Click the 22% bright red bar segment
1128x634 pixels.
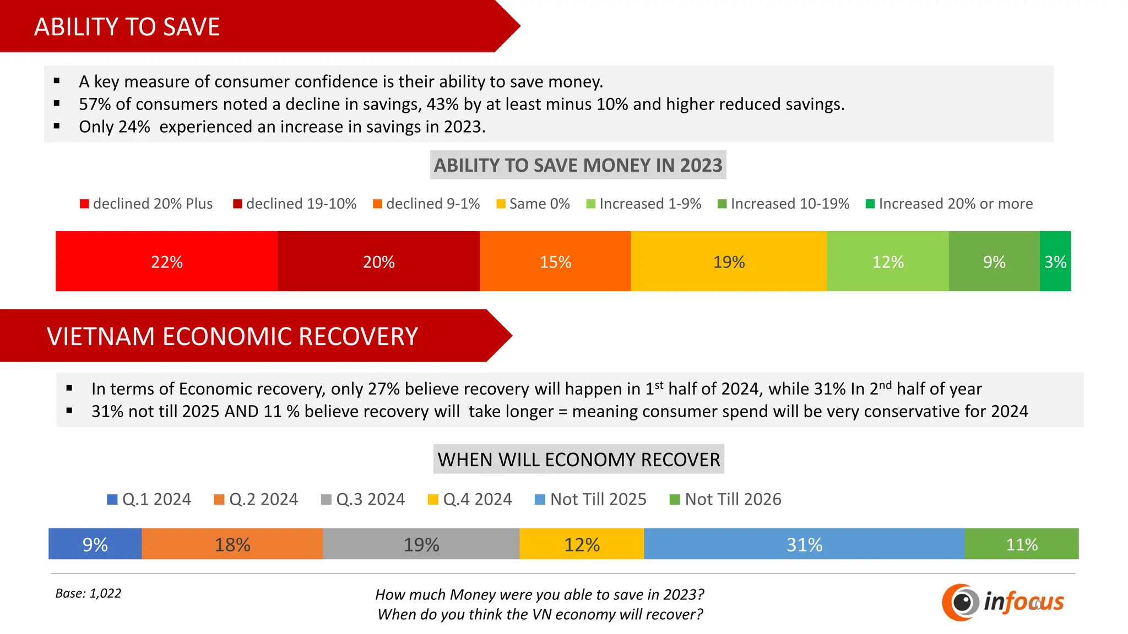click(166, 261)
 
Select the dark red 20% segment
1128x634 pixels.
click(378, 261)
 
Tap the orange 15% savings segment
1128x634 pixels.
click(555, 261)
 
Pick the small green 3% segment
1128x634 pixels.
click(1055, 261)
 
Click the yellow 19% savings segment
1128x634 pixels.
click(729, 261)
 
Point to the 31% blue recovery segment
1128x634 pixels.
click(804, 544)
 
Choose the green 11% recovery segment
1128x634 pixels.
click(1022, 544)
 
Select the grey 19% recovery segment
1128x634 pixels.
click(421, 544)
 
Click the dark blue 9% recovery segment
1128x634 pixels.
click(95, 544)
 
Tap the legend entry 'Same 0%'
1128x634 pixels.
click(533, 204)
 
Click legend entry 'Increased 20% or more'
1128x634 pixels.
click(950, 204)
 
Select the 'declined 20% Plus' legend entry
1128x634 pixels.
click(147, 204)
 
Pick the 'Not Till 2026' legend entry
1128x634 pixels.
click(725, 499)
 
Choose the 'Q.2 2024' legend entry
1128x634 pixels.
click(256, 499)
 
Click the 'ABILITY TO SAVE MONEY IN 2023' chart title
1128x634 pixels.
click(578, 165)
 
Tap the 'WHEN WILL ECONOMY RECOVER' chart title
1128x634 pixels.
click(578, 460)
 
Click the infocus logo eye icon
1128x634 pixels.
click(961, 602)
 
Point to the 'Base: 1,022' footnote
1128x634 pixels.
click(88, 593)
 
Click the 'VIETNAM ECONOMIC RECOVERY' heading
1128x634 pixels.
click(232, 336)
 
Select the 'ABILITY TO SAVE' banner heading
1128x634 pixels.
click(127, 27)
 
